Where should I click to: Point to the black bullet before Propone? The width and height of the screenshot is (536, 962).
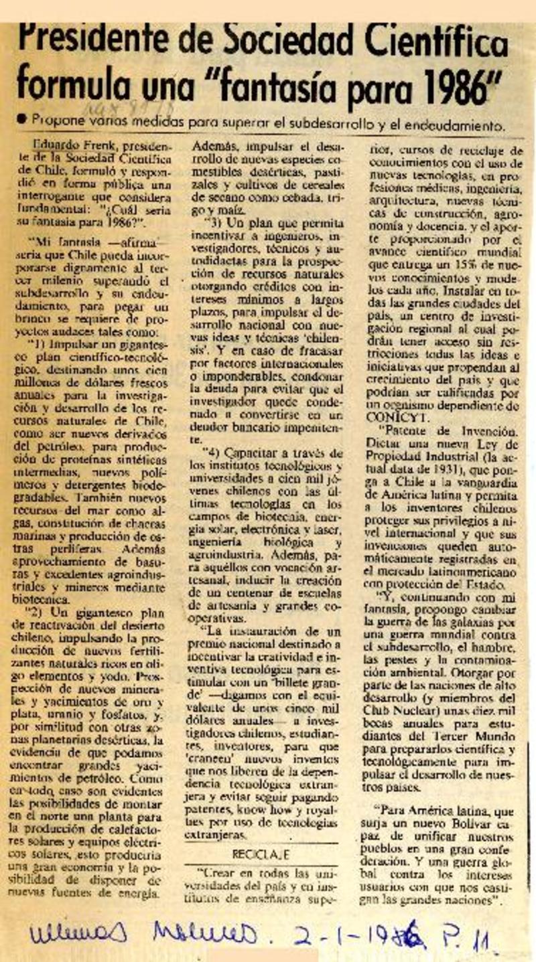pyautogui.click(x=22, y=118)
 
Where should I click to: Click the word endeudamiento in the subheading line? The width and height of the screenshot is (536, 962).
pyautogui.click(x=445, y=125)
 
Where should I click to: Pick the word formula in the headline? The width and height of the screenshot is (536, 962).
pyautogui.click(x=62, y=85)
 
